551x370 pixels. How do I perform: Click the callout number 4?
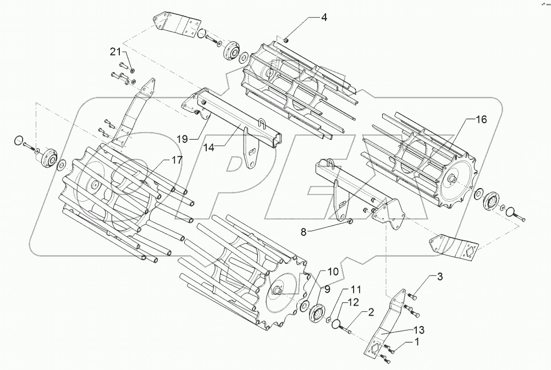click(x=324, y=18)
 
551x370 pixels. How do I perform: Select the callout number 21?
click(x=114, y=52)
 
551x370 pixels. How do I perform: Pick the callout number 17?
click(x=160, y=161)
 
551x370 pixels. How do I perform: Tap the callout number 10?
click(x=334, y=271)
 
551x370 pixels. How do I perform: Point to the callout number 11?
click(x=356, y=289)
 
